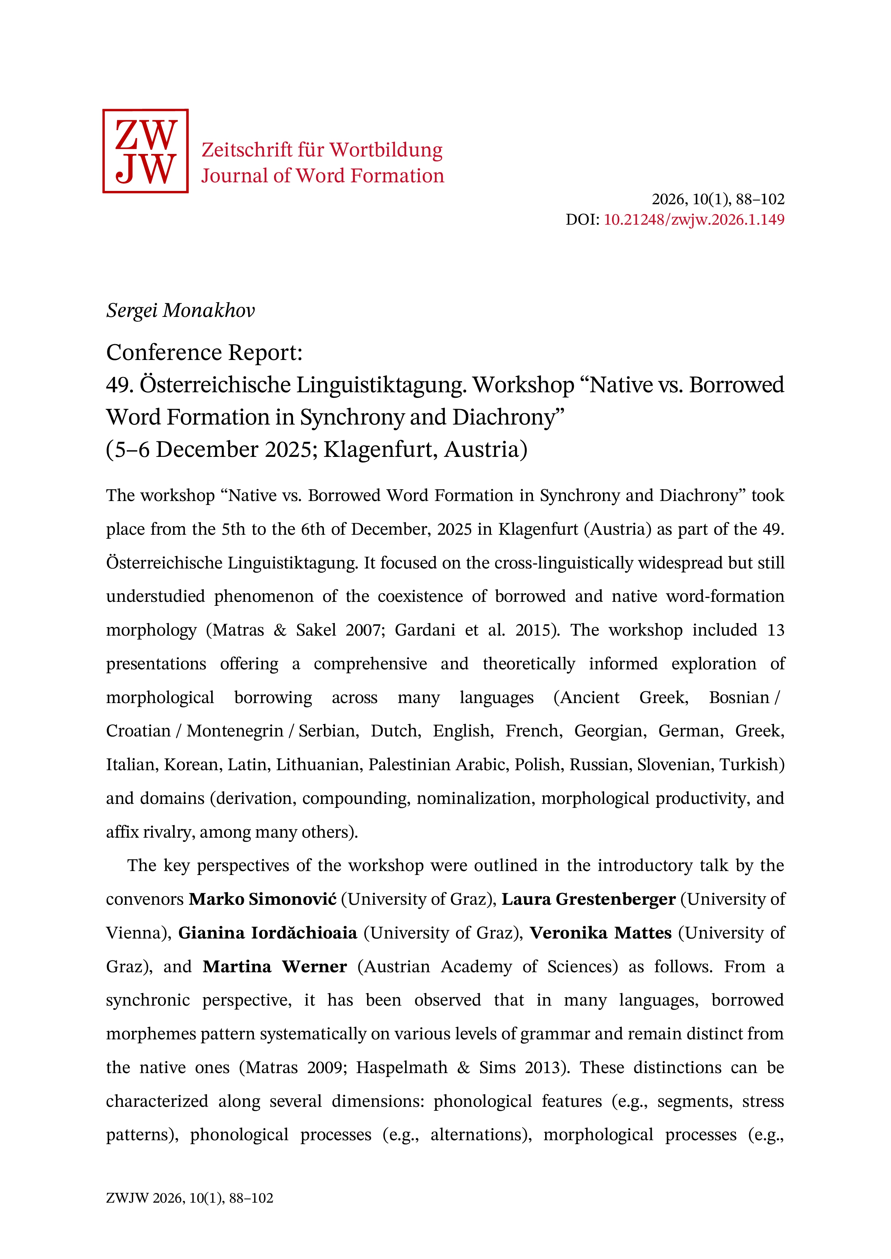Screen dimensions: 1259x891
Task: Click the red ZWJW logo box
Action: point(145,151)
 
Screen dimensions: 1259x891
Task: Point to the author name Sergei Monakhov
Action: point(181,310)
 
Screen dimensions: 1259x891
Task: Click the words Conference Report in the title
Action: point(204,352)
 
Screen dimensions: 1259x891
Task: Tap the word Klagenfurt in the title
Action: point(380,450)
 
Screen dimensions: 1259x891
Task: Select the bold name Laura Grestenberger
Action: point(588,899)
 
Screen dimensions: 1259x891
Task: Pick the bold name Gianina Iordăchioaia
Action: point(268,933)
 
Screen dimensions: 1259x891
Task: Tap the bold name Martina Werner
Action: point(274,966)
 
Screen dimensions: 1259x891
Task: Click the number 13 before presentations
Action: point(775,630)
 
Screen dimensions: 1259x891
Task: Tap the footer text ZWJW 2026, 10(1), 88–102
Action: point(189,1213)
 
